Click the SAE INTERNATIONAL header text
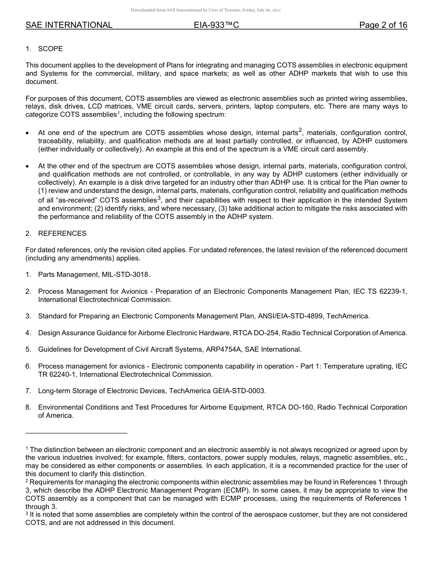(69, 26)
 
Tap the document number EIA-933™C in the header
(216, 26)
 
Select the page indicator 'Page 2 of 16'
(383, 26)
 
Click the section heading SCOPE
(51, 49)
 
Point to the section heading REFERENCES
(62, 234)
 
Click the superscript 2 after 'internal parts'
(300, 130)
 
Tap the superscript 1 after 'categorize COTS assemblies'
(119, 113)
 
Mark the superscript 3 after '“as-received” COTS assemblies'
(159, 198)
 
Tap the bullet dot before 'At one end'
(28, 134)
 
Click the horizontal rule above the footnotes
(76, 433)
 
